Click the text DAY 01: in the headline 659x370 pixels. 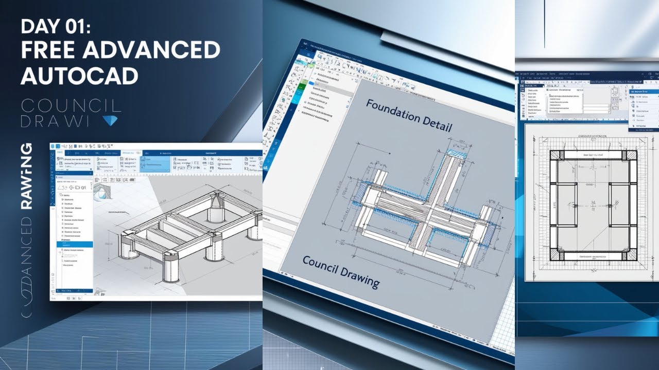point(56,26)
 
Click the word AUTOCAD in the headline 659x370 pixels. point(79,76)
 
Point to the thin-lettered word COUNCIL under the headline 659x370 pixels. point(71,106)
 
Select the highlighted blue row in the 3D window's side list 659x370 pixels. point(72,245)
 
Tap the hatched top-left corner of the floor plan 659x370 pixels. point(556,155)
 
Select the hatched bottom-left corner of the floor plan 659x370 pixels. point(556,255)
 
